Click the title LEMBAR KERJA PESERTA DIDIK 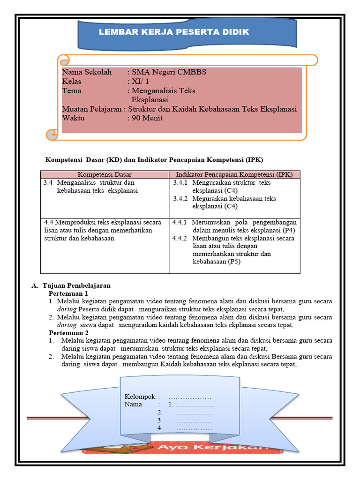[x=174, y=32]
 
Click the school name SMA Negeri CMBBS [x=169, y=72]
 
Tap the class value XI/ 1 [x=141, y=82]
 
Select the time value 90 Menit [x=147, y=118]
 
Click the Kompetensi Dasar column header [x=105, y=174]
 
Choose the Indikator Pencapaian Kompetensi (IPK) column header [x=234, y=174]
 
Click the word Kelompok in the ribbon [x=140, y=396]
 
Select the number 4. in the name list [x=160, y=428]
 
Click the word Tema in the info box [x=72, y=91]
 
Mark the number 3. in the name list [x=160, y=420]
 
